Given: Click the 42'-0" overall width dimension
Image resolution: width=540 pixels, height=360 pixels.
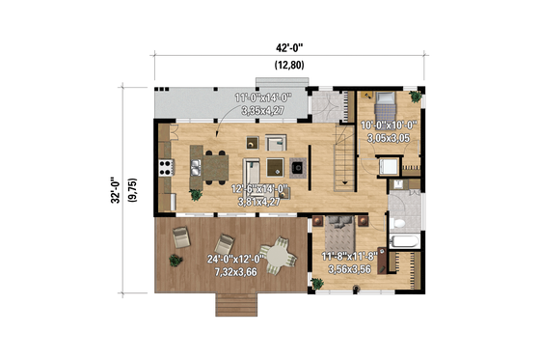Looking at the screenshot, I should (x=289, y=43).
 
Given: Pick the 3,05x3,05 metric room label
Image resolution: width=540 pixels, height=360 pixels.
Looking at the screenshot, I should (x=389, y=139).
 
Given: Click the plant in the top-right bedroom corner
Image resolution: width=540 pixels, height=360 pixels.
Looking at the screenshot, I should (x=416, y=97).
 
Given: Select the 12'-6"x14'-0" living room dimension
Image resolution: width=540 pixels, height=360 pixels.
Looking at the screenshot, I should (x=260, y=190).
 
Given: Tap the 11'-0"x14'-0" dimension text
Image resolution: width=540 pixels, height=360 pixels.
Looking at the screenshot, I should (x=260, y=98).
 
